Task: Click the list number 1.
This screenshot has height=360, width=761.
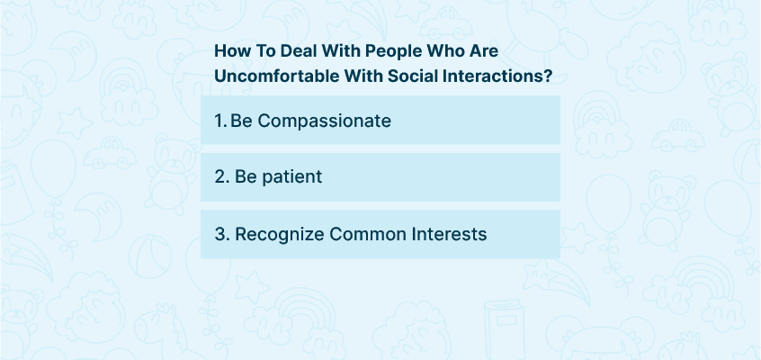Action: (220, 121)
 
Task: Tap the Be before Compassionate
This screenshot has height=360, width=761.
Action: (241, 121)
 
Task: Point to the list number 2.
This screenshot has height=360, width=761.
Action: (222, 176)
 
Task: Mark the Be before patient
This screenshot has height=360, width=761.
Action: (246, 176)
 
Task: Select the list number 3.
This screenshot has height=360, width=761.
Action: (222, 234)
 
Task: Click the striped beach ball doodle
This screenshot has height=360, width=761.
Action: (150, 256)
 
